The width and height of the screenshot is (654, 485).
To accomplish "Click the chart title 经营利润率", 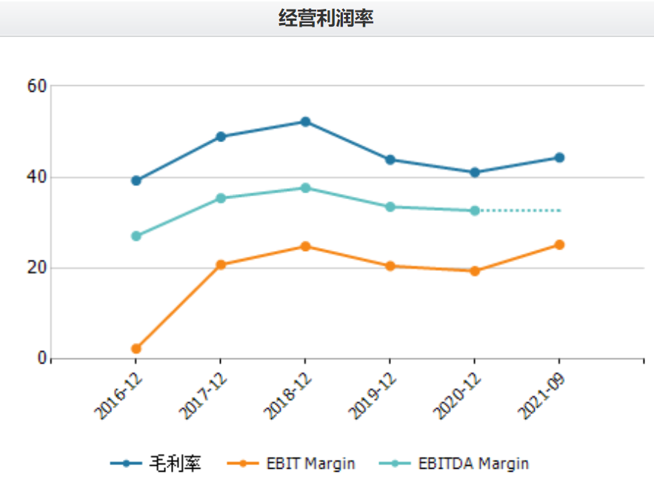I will point(326,18).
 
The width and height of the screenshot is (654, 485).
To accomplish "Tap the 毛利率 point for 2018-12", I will point(305,121).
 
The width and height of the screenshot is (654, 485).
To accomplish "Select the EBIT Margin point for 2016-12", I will point(136,349).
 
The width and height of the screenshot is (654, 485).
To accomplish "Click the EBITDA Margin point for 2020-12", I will point(475,211).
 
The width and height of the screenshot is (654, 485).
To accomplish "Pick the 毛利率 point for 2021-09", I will point(559,158).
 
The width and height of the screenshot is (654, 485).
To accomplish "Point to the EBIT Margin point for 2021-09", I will point(559,245).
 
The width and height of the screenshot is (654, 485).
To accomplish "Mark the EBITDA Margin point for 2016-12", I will point(136,236).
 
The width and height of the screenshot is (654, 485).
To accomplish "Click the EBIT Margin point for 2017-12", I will point(221,264).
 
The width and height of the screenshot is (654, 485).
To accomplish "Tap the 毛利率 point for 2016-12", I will point(136,181).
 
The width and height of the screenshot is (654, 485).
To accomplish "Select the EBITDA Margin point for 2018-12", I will point(305,188).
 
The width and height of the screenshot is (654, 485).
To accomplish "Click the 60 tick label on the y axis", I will point(38,86).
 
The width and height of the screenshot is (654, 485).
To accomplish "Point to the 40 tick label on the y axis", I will point(38,177).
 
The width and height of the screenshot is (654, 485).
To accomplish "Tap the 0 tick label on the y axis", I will point(42,359).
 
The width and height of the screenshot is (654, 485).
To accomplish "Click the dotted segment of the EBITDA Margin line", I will point(518,211).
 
